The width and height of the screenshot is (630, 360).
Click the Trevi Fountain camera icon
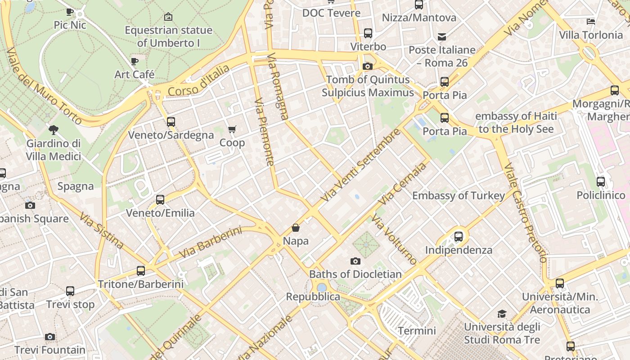point(50,337)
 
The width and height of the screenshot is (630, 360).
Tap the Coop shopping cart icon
point(232,130)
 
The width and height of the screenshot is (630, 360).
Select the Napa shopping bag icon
point(296,228)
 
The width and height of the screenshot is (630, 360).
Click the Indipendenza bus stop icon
point(459,236)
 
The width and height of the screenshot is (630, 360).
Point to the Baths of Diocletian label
point(355,274)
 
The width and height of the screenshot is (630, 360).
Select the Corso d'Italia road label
point(198,81)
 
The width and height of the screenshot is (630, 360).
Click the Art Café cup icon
point(134,61)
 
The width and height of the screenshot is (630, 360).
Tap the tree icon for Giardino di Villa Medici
point(54,130)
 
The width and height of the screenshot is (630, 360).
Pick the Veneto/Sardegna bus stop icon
point(171,121)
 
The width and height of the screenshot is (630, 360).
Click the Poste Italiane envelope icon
point(442,36)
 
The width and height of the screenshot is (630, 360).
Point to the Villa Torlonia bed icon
point(591,21)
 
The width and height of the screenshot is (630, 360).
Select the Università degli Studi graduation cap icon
point(502,314)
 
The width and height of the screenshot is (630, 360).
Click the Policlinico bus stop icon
point(601,182)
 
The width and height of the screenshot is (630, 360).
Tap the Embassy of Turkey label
point(459,196)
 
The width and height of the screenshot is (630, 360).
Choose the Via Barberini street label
point(210,243)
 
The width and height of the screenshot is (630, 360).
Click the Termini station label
point(417,331)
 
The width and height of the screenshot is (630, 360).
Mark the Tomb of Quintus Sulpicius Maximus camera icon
point(367,66)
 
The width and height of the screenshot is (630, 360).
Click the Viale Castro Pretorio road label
point(526,212)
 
